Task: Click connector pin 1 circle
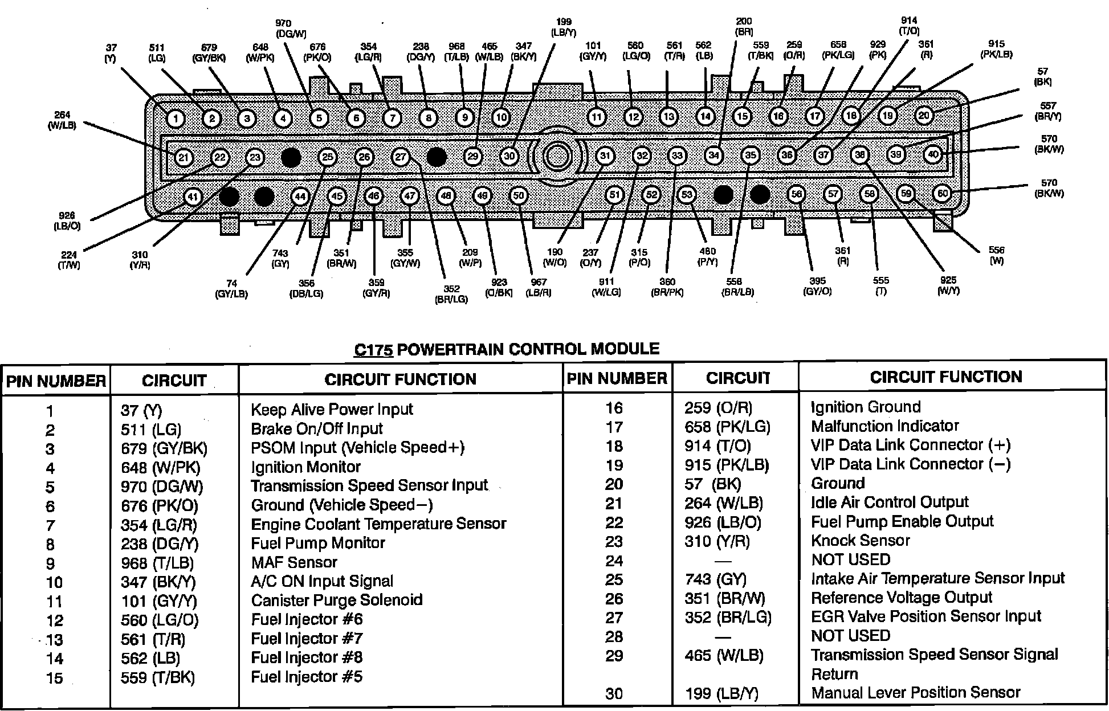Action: coord(176,118)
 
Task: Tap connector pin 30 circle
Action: coord(509,156)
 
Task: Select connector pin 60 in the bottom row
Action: coord(943,194)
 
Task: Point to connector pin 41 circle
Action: coord(193,197)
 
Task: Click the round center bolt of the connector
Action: coord(556,156)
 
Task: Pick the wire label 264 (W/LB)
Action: coord(62,120)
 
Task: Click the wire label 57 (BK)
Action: coord(1042,77)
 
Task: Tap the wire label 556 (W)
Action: coord(997,255)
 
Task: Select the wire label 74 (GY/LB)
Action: coord(231,289)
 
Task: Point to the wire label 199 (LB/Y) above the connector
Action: coord(563,27)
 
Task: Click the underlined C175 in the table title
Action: coord(373,349)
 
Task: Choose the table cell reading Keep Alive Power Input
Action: coord(332,409)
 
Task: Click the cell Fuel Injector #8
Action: coord(307,657)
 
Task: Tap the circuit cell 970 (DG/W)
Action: coord(162,487)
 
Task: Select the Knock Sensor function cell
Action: coord(860,540)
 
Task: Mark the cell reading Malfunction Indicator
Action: coord(884,426)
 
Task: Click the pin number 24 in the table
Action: coord(614,561)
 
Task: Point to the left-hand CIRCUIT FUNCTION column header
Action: coord(400,379)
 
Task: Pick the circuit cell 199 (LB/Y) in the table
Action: coord(721,693)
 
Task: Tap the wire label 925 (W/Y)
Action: coord(948,285)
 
